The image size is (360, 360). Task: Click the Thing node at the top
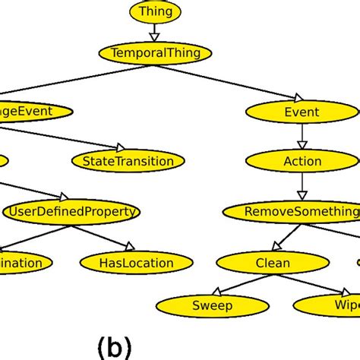(x=156, y=11)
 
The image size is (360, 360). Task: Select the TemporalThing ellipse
(x=155, y=53)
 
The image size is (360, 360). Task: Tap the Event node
(x=302, y=112)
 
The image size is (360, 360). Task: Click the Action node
(x=302, y=161)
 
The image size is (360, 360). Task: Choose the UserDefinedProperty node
(x=71, y=211)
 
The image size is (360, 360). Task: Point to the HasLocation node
(x=137, y=264)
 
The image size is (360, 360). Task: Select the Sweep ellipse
(x=213, y=306)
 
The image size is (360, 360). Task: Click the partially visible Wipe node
(x=330, y=306)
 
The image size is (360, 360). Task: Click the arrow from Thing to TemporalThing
(x=155, y=32)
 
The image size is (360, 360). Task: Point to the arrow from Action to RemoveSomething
(x=302, y=186)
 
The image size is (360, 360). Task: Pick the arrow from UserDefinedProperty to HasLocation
(x=106, y=237)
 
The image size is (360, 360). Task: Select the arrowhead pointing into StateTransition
(x=120, y=147)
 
